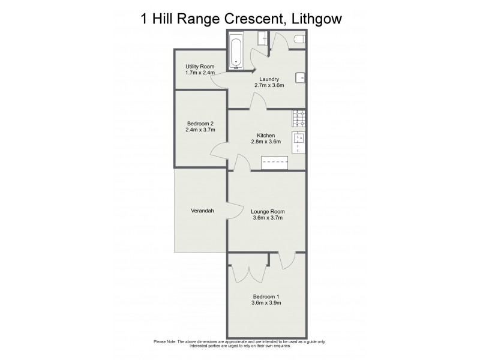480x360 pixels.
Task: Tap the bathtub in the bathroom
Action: pyautogui.click(x=235, y=51)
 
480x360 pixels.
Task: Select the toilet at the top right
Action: pyautogui.click(x=299, y=40)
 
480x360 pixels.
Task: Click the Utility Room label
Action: pyautogui.click(x=199, y=66)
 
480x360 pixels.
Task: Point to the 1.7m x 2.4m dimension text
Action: pyautogui.click(x=199, y=73)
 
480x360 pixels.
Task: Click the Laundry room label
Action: pyautogui.click(x=268, y=79)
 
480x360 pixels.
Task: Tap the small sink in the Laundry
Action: pyautogui.click(x=300, y=77)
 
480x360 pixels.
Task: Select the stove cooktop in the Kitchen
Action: pyautogui.click(x=299, y=118)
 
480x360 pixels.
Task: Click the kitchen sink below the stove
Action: pyautogui.click(x=299, y=143)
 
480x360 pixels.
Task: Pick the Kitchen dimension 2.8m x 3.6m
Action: pyautogui.click(x=266, y=142)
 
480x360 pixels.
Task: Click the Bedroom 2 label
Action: pyautogui.click(x=200, y=123)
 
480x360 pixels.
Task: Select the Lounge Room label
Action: pyautogui.click(x=268, y=211)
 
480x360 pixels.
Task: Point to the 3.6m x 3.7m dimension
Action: pyautogui.click(x=268, y=218)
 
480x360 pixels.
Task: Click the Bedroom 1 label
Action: pyautogui.click(x=266, y=296)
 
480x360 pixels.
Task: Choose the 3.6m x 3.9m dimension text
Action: pyautogui.click(x=266, y=303)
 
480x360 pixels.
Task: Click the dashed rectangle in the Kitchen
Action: pyautogui.click(x=275, y=163)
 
